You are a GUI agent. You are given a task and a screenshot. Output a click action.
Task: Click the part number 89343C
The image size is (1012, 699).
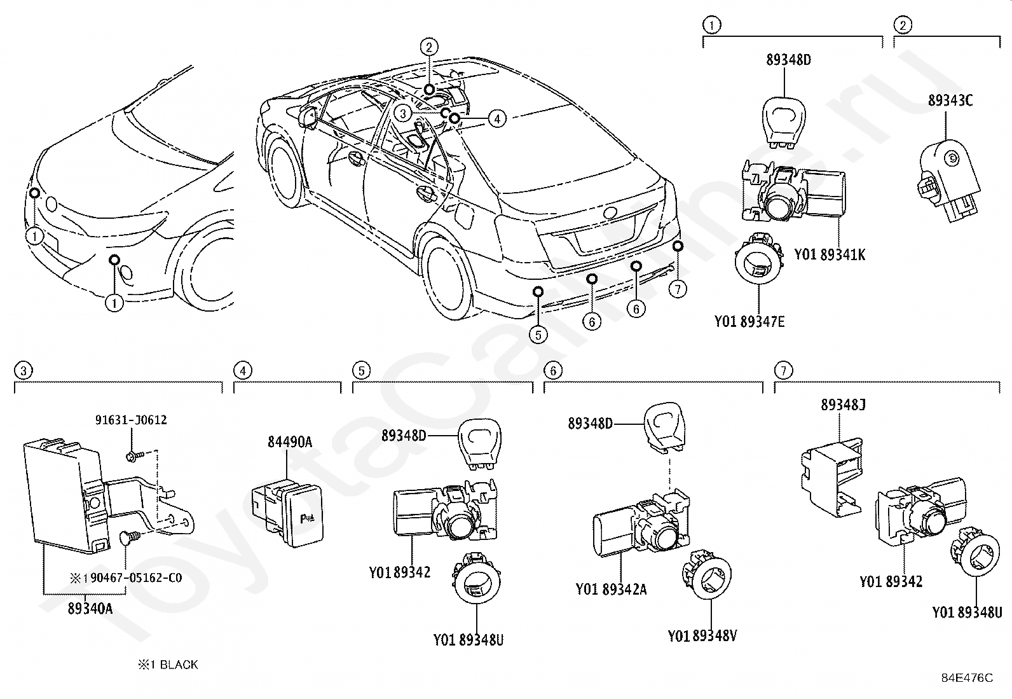(x=950, y=100)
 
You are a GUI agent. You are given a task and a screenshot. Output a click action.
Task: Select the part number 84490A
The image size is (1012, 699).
(x=290, y=442)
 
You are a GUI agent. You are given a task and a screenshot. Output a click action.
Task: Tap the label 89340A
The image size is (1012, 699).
(x=90, y=609)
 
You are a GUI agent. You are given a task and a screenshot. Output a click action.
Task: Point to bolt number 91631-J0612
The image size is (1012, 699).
(x=131, y=420)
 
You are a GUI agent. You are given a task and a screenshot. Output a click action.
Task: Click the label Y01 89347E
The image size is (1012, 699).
(x=749, y=321)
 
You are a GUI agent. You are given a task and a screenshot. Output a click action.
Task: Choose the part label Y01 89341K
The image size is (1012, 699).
(x=830, y=254)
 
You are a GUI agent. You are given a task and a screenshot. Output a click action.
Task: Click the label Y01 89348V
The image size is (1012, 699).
(x=702, y=636)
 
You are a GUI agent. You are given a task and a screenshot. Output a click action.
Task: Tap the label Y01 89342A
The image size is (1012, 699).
(x=612, y=589)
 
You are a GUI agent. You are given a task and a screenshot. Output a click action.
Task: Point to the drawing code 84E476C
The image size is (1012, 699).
(x=968, y=678)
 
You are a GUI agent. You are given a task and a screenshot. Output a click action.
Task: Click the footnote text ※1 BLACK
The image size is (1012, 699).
(x=168, y=665)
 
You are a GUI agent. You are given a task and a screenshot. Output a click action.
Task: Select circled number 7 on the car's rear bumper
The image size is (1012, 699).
(x=677, y=289)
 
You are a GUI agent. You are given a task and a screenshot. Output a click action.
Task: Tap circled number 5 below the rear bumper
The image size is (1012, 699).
(x=538, y=335)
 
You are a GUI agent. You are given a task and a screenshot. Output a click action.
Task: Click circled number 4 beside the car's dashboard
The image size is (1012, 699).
(x=497, y=119)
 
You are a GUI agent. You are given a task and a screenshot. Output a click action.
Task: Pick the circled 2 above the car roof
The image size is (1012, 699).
(x=428, y=47)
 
